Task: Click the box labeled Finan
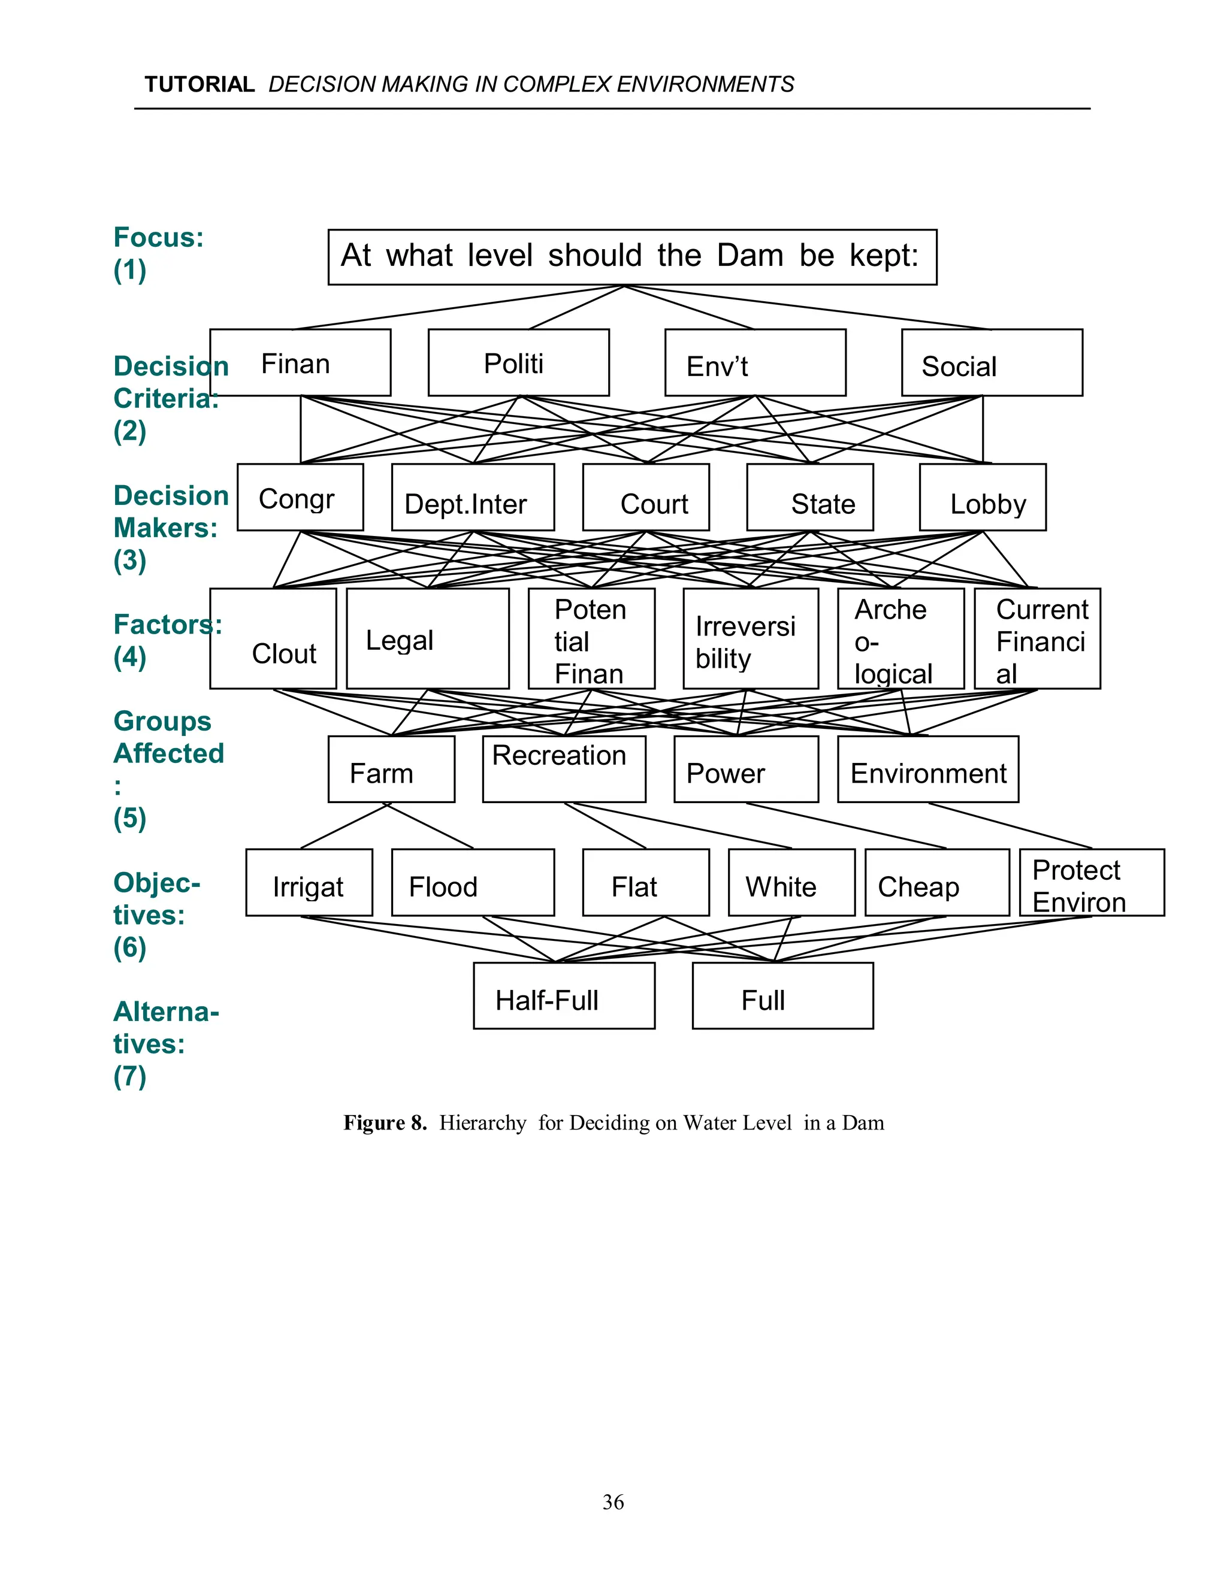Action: (x=300, y=362)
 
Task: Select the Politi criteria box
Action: (x=518, y=362)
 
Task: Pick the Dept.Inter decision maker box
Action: (x=473, y=498)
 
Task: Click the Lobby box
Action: (x=982, y=498)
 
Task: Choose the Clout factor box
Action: (x=273, y=638)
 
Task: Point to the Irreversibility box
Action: (x=750, y=638)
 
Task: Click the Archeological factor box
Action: (x=900, y=638)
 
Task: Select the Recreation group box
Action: (x=563, y=769)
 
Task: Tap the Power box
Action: (x=746, y=769)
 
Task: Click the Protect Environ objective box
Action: (x=1091, y=882)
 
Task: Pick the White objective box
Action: (x=791, y=882)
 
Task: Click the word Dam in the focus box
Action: (x=750, y=256)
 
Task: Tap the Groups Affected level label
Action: (x=168, y=738)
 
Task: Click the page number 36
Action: (x=613, y=1502)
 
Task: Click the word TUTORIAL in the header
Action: (x=199, y=85)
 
